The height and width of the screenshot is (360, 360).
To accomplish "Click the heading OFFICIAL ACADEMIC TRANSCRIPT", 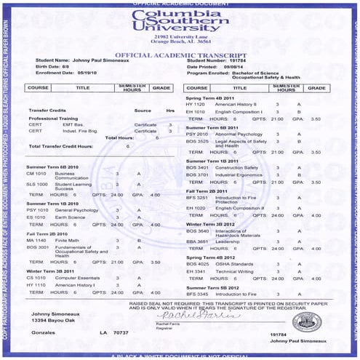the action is click(179, 55).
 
